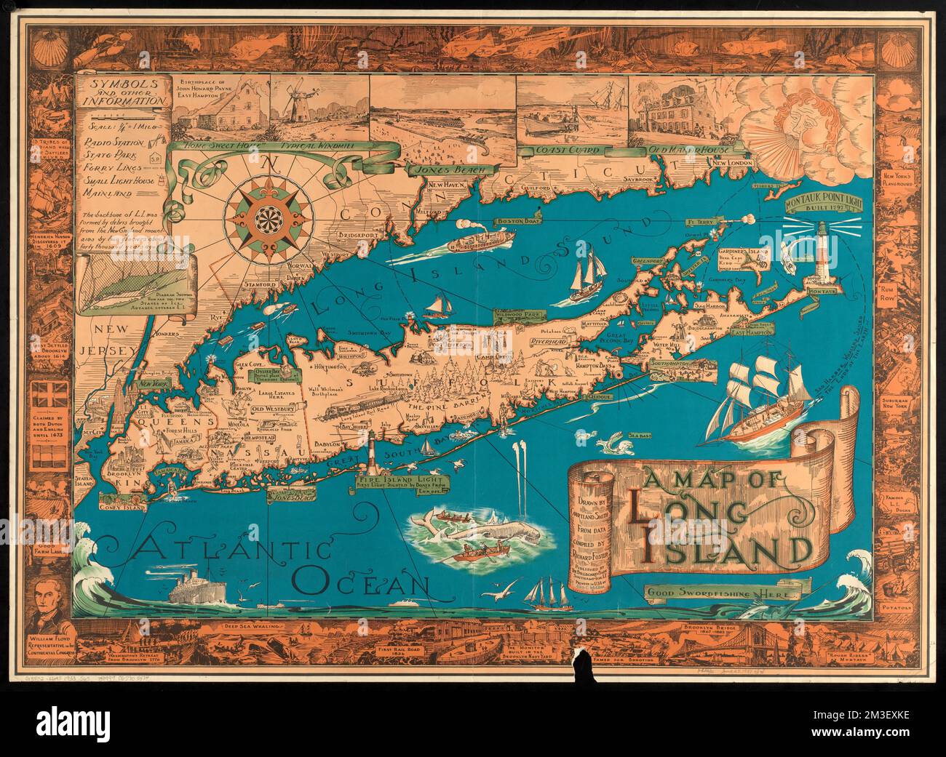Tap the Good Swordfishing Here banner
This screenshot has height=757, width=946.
tap(723, 593)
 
